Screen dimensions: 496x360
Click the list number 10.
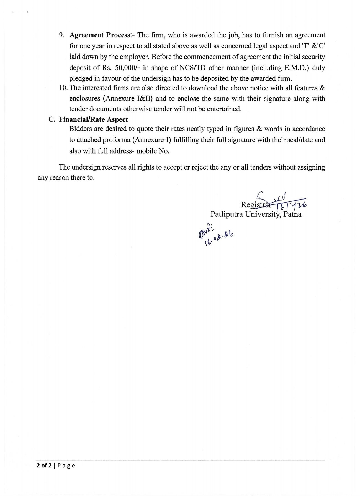coord(63,88)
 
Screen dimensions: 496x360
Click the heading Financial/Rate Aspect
coord(93,119)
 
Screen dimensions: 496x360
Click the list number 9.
coord(61,35)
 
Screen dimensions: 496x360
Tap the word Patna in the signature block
coord(292,214)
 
